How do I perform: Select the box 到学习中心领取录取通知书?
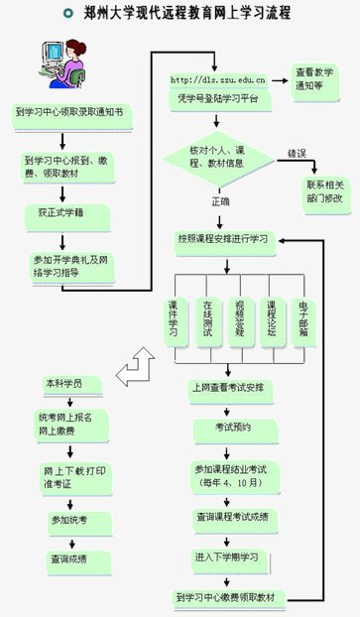click(66, 113)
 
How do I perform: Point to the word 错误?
click(297, 154)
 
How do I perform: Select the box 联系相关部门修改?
click(324, 193)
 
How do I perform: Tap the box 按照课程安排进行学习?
click(222, 238)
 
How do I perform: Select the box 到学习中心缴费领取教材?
click(230, 597)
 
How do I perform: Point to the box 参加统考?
click(68, 519)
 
